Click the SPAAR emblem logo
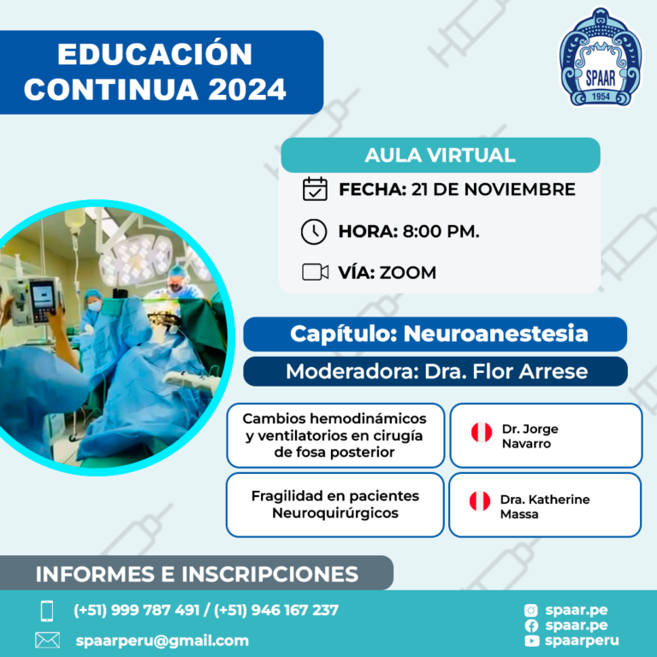click(x=600, y=57)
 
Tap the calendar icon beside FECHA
click(x=315, y=189)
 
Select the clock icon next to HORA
click(x=314, y=231)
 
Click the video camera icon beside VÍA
click(x=315, y=272)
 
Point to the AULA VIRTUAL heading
click(x=440, y=155)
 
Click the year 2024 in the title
click(x=247, y=89)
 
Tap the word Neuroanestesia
click(x=495, y=334)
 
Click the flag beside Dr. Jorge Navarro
click(x=482, y=432)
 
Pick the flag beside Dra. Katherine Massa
click(x=480, y=501)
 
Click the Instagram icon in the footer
click(x=531, y=610)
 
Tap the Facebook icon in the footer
click(x=531, y=625)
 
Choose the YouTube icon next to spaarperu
click(x=531, y=641)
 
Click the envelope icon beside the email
click(x=47, y=640)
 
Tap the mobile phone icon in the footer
click(x=47, y=611)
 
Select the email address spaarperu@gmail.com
click(x=163, y=641)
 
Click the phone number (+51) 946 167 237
click(x=276, y=610)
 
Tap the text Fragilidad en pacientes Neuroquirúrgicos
click(x=335, y=504)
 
